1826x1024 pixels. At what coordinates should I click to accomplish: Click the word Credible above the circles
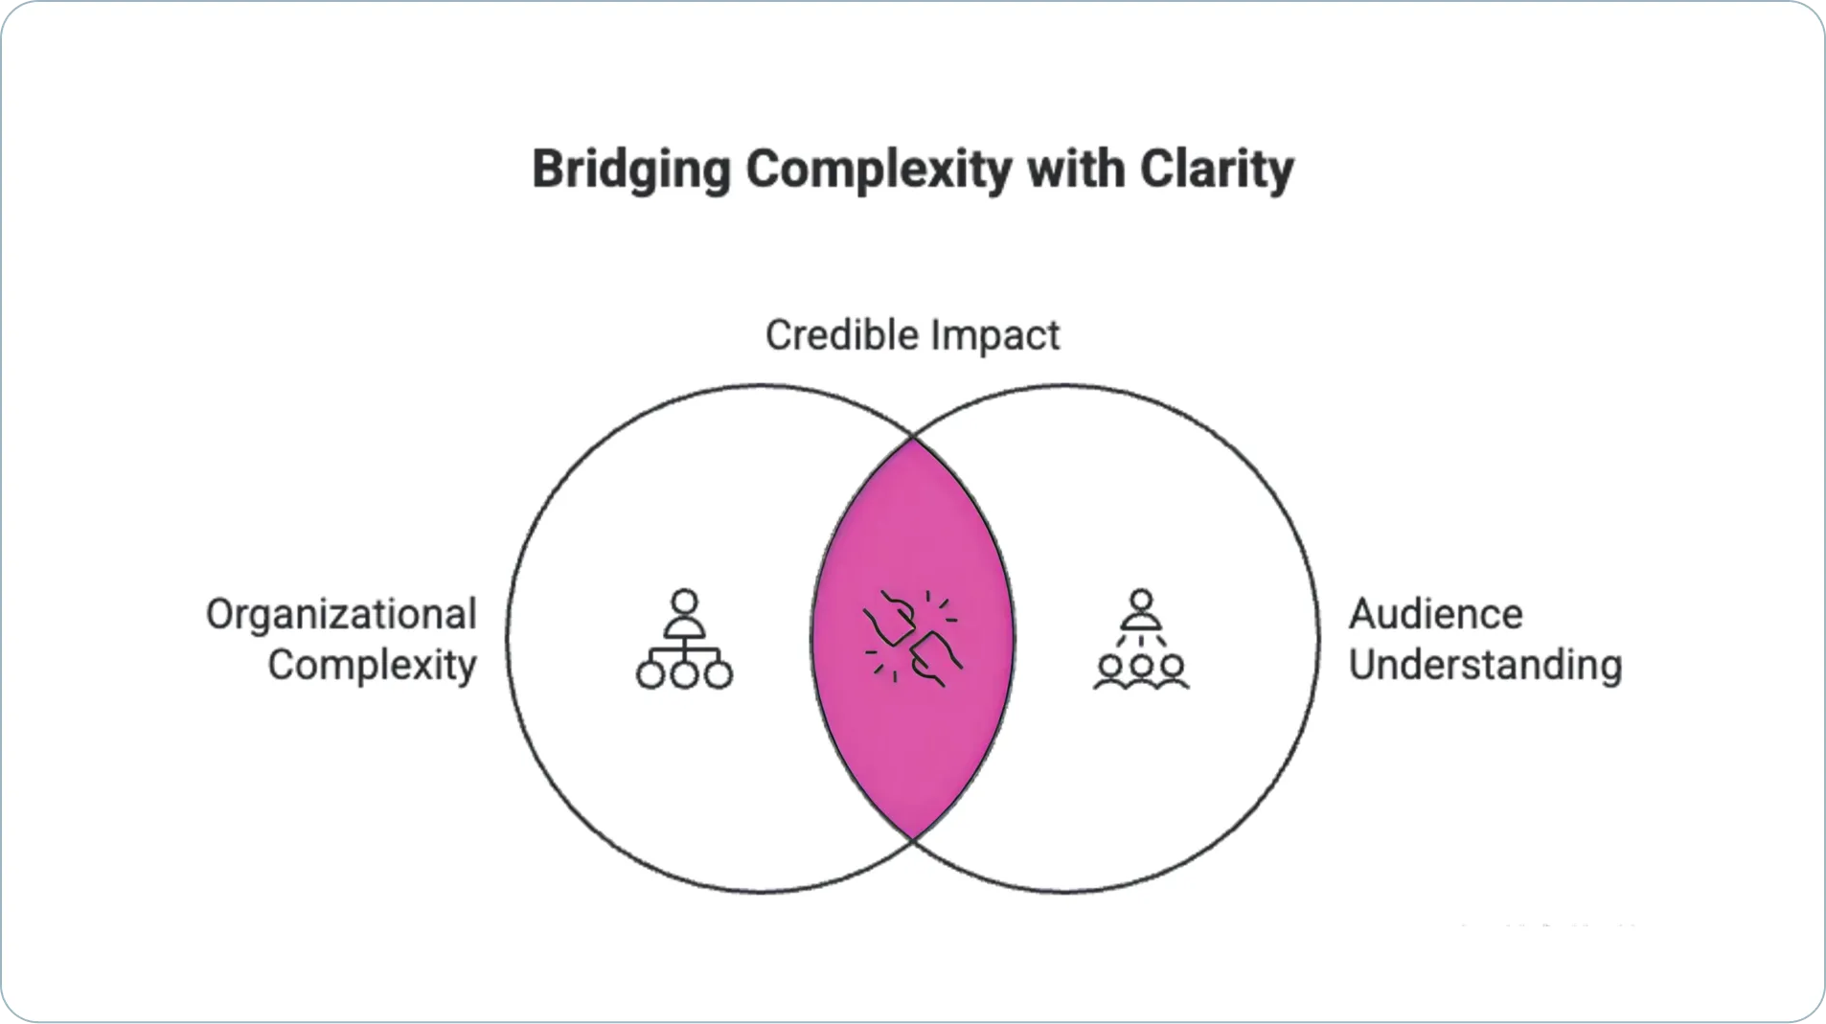point(842,335)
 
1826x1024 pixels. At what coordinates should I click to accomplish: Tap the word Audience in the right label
point(1435,614)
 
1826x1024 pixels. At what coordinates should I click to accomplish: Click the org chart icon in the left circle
point(684,639)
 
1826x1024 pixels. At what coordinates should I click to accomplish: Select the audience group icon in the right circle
point(1141,639)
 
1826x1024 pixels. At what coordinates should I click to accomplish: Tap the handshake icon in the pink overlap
point(913,638)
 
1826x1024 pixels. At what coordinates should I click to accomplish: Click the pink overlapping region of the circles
point(913,639)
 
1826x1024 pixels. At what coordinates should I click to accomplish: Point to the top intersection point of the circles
point(913,438)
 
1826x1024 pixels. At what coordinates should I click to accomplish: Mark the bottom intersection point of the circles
point(913,840)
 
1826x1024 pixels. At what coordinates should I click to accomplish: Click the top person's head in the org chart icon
point(684,602)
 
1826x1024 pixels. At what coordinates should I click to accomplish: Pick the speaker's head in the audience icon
point(1141,602)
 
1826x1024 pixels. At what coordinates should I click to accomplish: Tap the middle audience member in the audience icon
point(1141,671)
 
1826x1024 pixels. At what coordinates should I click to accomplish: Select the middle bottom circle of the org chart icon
point(684,675)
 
